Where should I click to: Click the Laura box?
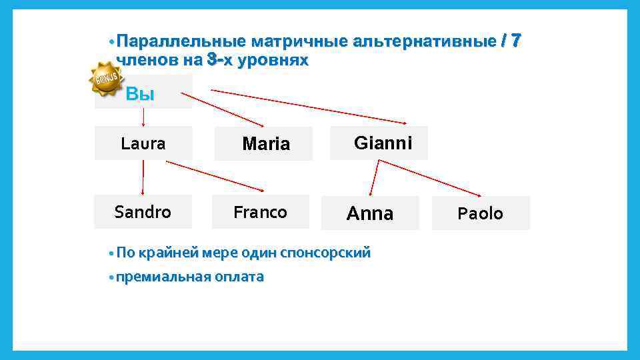143,143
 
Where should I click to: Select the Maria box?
263,143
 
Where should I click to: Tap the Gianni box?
379,143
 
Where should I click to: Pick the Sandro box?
143,212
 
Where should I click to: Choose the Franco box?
260,212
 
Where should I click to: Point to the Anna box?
370,213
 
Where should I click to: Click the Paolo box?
481,213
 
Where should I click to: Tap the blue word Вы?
140,95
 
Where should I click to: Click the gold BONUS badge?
105,79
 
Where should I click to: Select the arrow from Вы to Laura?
144,117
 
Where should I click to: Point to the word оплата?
239,277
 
